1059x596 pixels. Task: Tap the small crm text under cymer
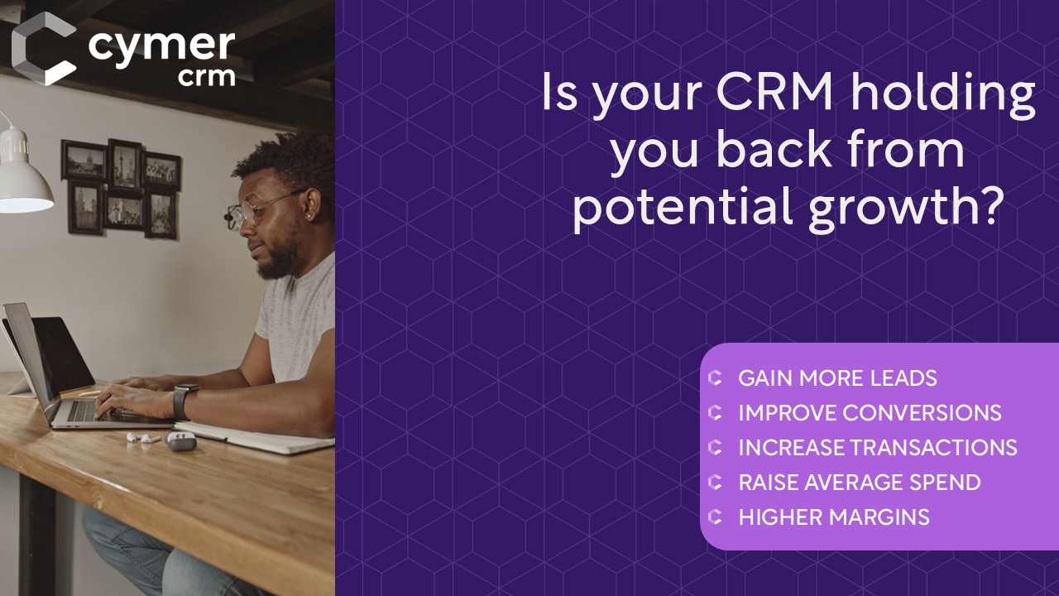pyautogui.click(x=207, y=77)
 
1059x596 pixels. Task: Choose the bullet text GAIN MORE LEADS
pyautogui.click(x=837, y=378)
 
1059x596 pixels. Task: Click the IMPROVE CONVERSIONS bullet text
pyautogui.click(x=870, y=412)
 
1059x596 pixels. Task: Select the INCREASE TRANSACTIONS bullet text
pyautogui.click(x=878, y=448)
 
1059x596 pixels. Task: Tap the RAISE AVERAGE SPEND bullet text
pyautogui.click(x=860, y=483)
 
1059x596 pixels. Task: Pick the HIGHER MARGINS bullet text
pyautogui.click(x=834, y=517)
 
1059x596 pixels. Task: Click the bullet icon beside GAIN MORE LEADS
pyautogui.click(x=715, y=378)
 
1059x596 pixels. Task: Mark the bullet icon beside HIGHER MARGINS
pyautogui.click(x=715, y=517)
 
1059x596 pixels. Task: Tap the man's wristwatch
pyautogui.click(x=183, y=401)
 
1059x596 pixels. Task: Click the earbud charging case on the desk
pyautogui.click(x=181, y=441)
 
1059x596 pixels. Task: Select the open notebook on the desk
pyautogui.click(x=256, y=437)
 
